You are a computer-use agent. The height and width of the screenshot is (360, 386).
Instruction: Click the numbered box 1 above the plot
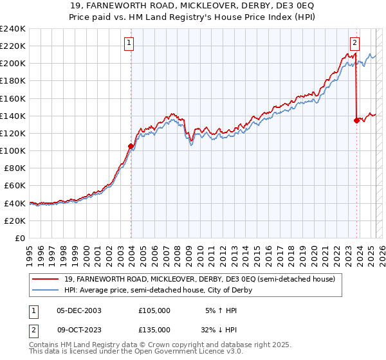pyautogui.click(x=129, y=44)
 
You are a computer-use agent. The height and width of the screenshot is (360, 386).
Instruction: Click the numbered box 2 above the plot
pyautogui.click(x=354, y=44)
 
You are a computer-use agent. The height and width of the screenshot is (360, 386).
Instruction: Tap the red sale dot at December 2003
pyautogui.click(x=131, y=146)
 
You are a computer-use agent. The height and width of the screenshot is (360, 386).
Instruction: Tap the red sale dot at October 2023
pyautogui.click(x=356, y=120)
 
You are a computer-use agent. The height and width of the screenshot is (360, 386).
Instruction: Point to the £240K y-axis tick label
pyautogui.click(x=12, y=29)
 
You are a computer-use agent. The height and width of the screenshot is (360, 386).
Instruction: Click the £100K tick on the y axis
pyautogui.click(x=12, y=150)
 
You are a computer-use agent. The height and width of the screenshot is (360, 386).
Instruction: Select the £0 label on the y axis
pyautogui.click(x=19, y=238)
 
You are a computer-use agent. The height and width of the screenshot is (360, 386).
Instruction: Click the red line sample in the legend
pyautogui.click(x=46, y=279)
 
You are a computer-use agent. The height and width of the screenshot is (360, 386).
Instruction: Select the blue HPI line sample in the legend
pyautogui.click(x=46, y=290)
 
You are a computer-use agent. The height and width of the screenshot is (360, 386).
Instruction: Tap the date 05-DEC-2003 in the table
pyautogui.click(x=79, y=310)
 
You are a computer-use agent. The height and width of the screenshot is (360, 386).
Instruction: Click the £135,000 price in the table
pyautogui.click(x=154, y=329)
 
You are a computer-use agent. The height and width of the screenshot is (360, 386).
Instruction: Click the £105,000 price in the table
pyautogui.click(x=154, y=310)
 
